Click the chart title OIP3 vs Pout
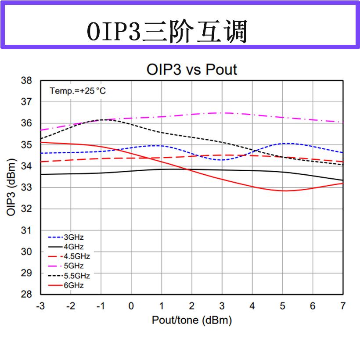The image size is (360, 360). point(191,69)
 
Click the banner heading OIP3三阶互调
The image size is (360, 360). point(167,32)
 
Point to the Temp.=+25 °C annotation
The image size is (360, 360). point(78,91)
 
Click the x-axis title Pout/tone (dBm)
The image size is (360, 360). point(191,320)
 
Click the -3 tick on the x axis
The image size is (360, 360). point(40,306)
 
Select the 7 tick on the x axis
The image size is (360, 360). point(343,306)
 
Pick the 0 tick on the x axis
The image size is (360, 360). point(131,306)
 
